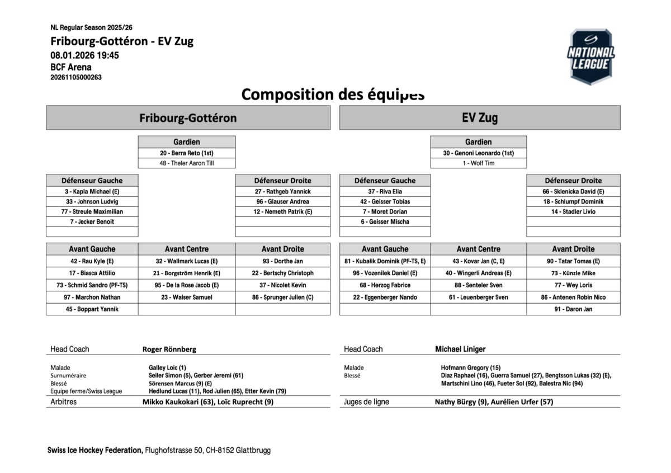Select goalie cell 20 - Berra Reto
click(x=187, y=153)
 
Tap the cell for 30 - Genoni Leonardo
click(x=478, y=153)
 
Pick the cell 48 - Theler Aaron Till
click(x=187, y=163)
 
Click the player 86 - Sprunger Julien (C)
click(x=283, y=297)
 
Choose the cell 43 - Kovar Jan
click(x=478, y=261)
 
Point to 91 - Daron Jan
click(x=573, y=309)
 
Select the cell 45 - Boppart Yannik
click(x=92, y=309)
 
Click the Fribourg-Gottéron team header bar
click(x=188, y=118)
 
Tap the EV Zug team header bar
click(x=480, y=118)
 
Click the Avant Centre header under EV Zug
click(x=478, y=249)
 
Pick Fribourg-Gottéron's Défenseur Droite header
click(x=283, y=181)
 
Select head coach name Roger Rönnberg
click(x=169, y=349)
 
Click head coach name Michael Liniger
click(x=460, y=349)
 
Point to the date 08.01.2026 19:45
click(x=84, y=55)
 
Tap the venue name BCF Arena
click(x=71, y=67)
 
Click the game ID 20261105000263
click(x=76, y=78)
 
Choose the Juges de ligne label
click(x=366, y=402)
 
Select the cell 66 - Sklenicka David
click(x=573, y=191)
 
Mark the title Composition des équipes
click(x=333, y=94)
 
